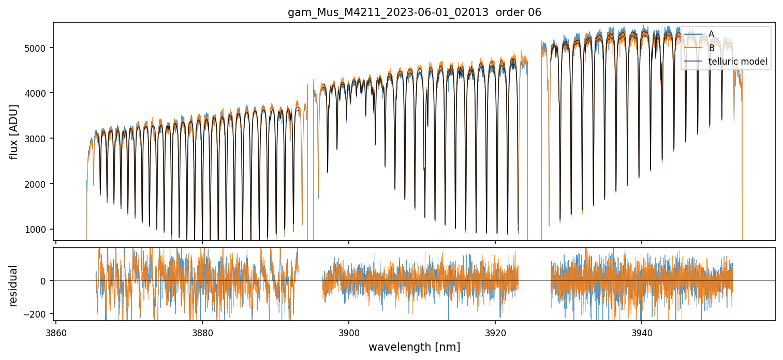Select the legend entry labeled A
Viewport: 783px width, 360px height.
coord(711,34)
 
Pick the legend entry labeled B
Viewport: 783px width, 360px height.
coord(712,48)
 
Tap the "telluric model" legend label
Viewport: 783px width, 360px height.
coord(737,62)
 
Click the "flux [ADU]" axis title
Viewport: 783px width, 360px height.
coord(13,131)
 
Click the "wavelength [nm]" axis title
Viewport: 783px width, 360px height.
coord(414,347)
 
